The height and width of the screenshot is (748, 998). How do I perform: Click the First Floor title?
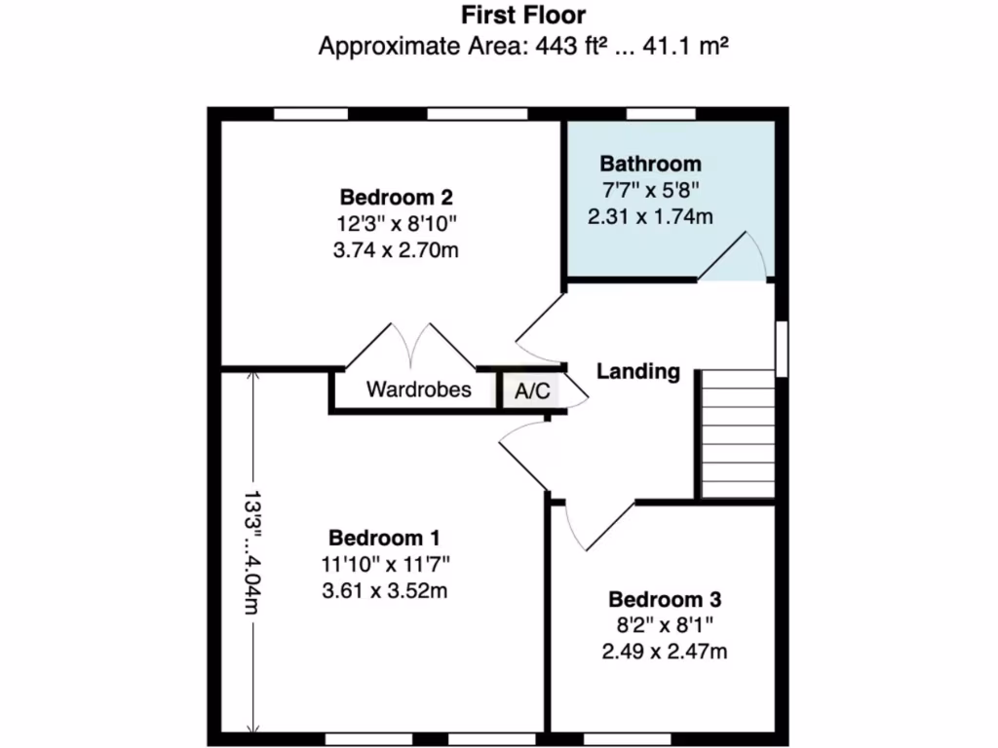(x=522, y=15)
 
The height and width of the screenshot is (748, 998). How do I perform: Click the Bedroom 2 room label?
(x=396, y=195)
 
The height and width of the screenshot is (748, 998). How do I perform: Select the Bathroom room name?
(x=650, y=163)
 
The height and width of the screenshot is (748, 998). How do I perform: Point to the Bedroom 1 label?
(x=385, y=537)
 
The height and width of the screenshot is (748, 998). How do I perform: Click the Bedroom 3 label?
(x=665, y=598)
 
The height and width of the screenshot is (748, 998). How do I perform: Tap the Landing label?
(x=638, y=371)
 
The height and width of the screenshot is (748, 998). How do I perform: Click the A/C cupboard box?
(x=531, y=392)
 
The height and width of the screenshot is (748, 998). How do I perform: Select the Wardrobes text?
(x=418, y=391)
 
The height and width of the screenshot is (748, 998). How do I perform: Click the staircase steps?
(x=738, y=432)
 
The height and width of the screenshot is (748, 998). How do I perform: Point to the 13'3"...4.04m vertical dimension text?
(x=253, y=551)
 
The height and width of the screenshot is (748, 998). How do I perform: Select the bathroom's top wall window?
(x=660, y=114)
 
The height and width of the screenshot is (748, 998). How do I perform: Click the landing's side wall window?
(x=782, y=346)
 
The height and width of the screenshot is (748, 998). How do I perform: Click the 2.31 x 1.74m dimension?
(x=650, y=217)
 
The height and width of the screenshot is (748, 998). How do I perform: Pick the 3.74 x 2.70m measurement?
(x=396, y=250)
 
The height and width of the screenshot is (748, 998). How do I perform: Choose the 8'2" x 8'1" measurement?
(x=665, y=624)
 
